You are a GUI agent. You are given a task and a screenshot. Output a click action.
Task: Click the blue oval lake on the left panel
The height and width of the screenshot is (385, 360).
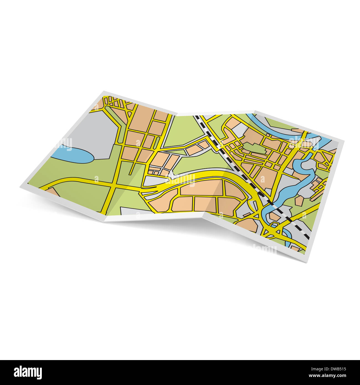pos(73,155)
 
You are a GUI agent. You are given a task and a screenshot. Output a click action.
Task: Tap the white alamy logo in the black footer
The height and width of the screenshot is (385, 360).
pos(28,372)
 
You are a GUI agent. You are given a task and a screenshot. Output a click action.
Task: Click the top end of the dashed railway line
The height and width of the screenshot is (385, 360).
pos(196,117)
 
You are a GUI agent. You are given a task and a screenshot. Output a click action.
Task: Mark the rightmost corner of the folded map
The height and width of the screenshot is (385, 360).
pos(344,141)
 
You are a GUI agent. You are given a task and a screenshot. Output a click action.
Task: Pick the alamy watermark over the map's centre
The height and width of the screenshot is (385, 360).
pos(180,180)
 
